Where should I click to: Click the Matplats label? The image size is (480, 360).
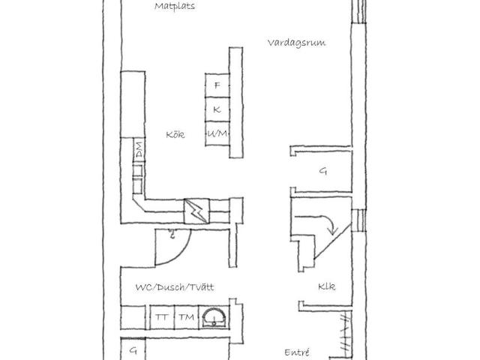tap(175, 7)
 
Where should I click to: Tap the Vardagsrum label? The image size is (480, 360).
tap(296, 43)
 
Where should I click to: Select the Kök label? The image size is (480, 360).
tap(175, 134)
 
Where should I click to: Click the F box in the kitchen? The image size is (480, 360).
tap(217, 85)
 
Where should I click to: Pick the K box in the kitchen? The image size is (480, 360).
tap(217, 109)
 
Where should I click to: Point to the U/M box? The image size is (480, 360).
tap(217, 133)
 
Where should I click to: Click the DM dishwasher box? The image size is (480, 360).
tap(139, 150)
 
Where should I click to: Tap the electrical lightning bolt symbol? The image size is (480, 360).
tap(196, 211)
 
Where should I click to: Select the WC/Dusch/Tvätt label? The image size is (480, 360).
tap(175, 287)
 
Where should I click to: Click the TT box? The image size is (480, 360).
tap(162, 317)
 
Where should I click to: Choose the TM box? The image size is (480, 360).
tap(187, 317)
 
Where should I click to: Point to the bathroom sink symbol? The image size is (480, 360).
tap(214, 318)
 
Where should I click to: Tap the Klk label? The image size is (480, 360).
tap(327, 286)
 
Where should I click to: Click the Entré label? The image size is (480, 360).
tap(297, 352)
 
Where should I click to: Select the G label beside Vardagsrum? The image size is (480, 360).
tap(323, 171)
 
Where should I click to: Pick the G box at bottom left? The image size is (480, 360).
tap(133, 349)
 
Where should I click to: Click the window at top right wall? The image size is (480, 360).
tap(358, 11)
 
